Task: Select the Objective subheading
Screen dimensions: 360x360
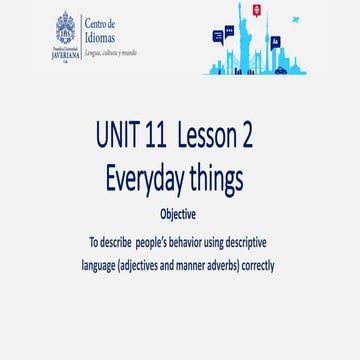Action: click(178, 215)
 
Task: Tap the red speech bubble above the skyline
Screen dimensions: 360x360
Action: click(256, 10)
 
